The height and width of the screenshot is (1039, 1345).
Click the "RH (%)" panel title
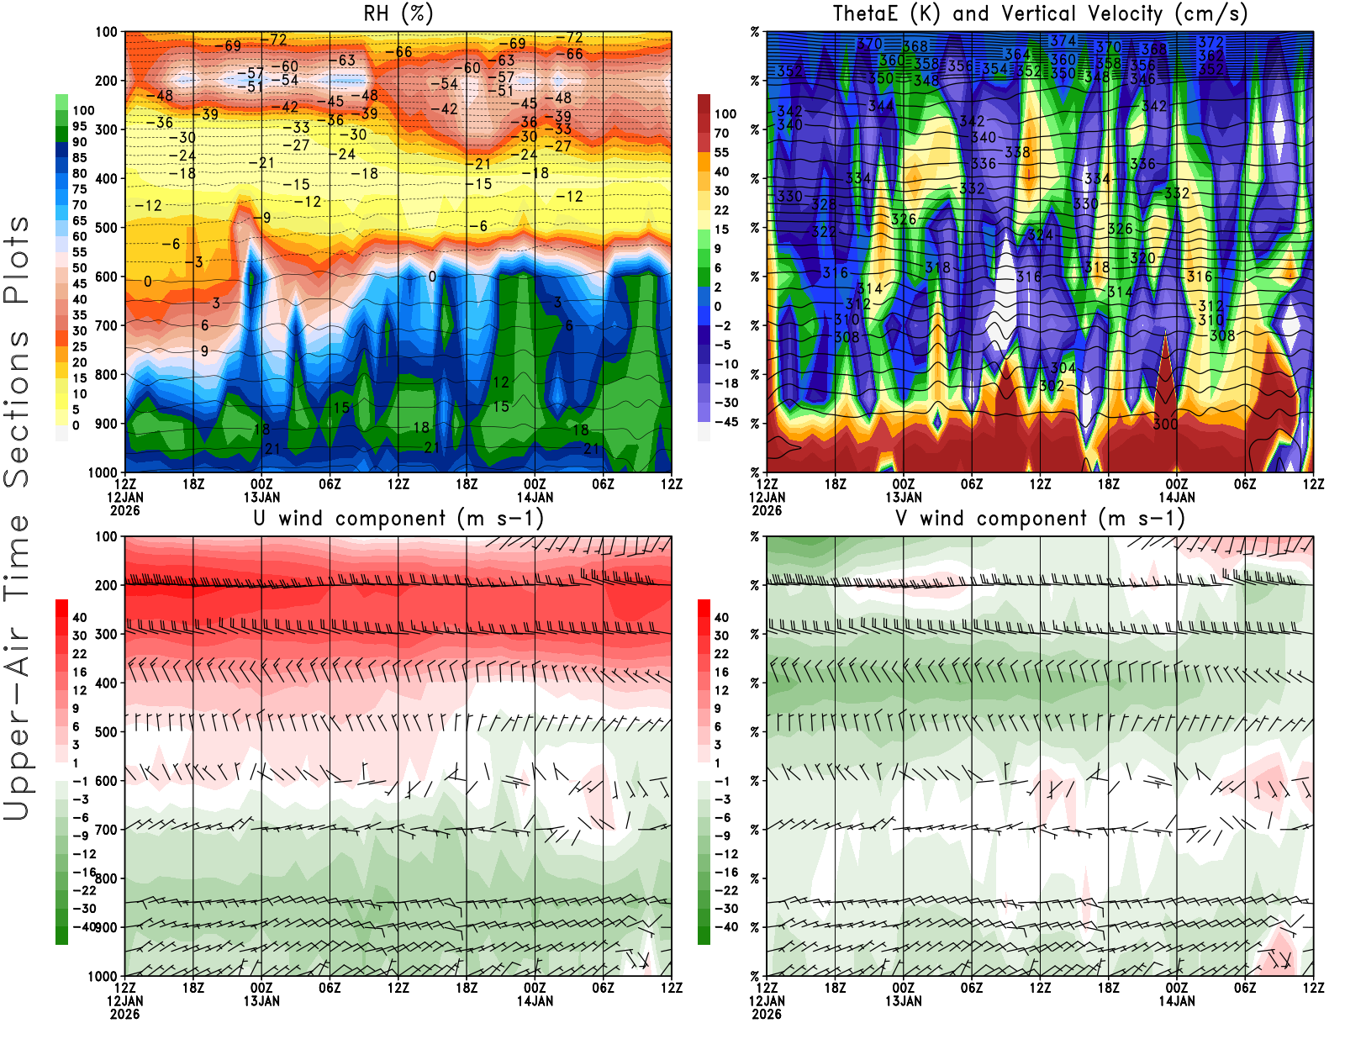[398, 13]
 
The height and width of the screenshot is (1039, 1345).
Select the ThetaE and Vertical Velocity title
[1040, 13]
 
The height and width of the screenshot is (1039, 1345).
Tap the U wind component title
[398, 518]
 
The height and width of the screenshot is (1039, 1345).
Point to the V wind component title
[1040, 518]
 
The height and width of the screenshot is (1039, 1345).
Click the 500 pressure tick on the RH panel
[107, 227]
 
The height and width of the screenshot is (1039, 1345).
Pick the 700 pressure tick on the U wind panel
[107, 830]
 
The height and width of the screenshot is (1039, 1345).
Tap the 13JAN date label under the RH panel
[261, 497]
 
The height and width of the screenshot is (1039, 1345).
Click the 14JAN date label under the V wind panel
[1176, 1001]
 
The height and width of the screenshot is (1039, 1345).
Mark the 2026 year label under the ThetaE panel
[767, 510]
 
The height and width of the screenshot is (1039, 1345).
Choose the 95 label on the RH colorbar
[80, 126]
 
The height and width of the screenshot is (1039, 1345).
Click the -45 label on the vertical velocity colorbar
[725, 422]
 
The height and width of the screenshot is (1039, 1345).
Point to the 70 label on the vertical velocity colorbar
[721, 133]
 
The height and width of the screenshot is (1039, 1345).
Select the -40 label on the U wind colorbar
[83, 926]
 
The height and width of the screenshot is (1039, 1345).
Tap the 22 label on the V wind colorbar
[721, 653]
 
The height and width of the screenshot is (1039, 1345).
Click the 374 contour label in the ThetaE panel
[1063, 40]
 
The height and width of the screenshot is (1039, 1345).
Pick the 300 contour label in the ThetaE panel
[1165, 424]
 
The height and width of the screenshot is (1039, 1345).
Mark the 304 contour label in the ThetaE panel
[1063, 368]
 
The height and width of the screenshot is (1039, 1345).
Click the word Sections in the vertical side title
[17, 409]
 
